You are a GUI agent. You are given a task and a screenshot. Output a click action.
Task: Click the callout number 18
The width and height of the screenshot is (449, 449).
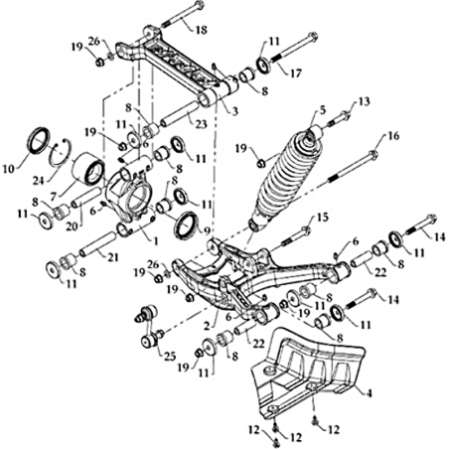[201, 30]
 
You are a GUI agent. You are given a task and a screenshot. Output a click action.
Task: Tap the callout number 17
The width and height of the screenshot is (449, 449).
[296, 74]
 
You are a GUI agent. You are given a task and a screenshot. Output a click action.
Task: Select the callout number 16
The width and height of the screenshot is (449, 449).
[392, 136]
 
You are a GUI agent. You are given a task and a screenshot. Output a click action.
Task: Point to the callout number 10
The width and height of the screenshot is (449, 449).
[9, 169]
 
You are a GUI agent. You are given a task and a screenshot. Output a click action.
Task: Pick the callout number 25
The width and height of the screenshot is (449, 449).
[169, 357]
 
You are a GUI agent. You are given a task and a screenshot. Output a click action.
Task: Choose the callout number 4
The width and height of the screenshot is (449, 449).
[369, 393]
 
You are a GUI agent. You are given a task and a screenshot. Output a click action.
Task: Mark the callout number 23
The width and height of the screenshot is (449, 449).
[201, 124]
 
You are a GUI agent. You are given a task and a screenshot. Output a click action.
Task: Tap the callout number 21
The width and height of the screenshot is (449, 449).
[112, 257]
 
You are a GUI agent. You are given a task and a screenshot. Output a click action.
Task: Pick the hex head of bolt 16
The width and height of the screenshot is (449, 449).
[374, 154]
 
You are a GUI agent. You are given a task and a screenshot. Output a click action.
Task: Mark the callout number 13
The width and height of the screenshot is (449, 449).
[364, 101]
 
